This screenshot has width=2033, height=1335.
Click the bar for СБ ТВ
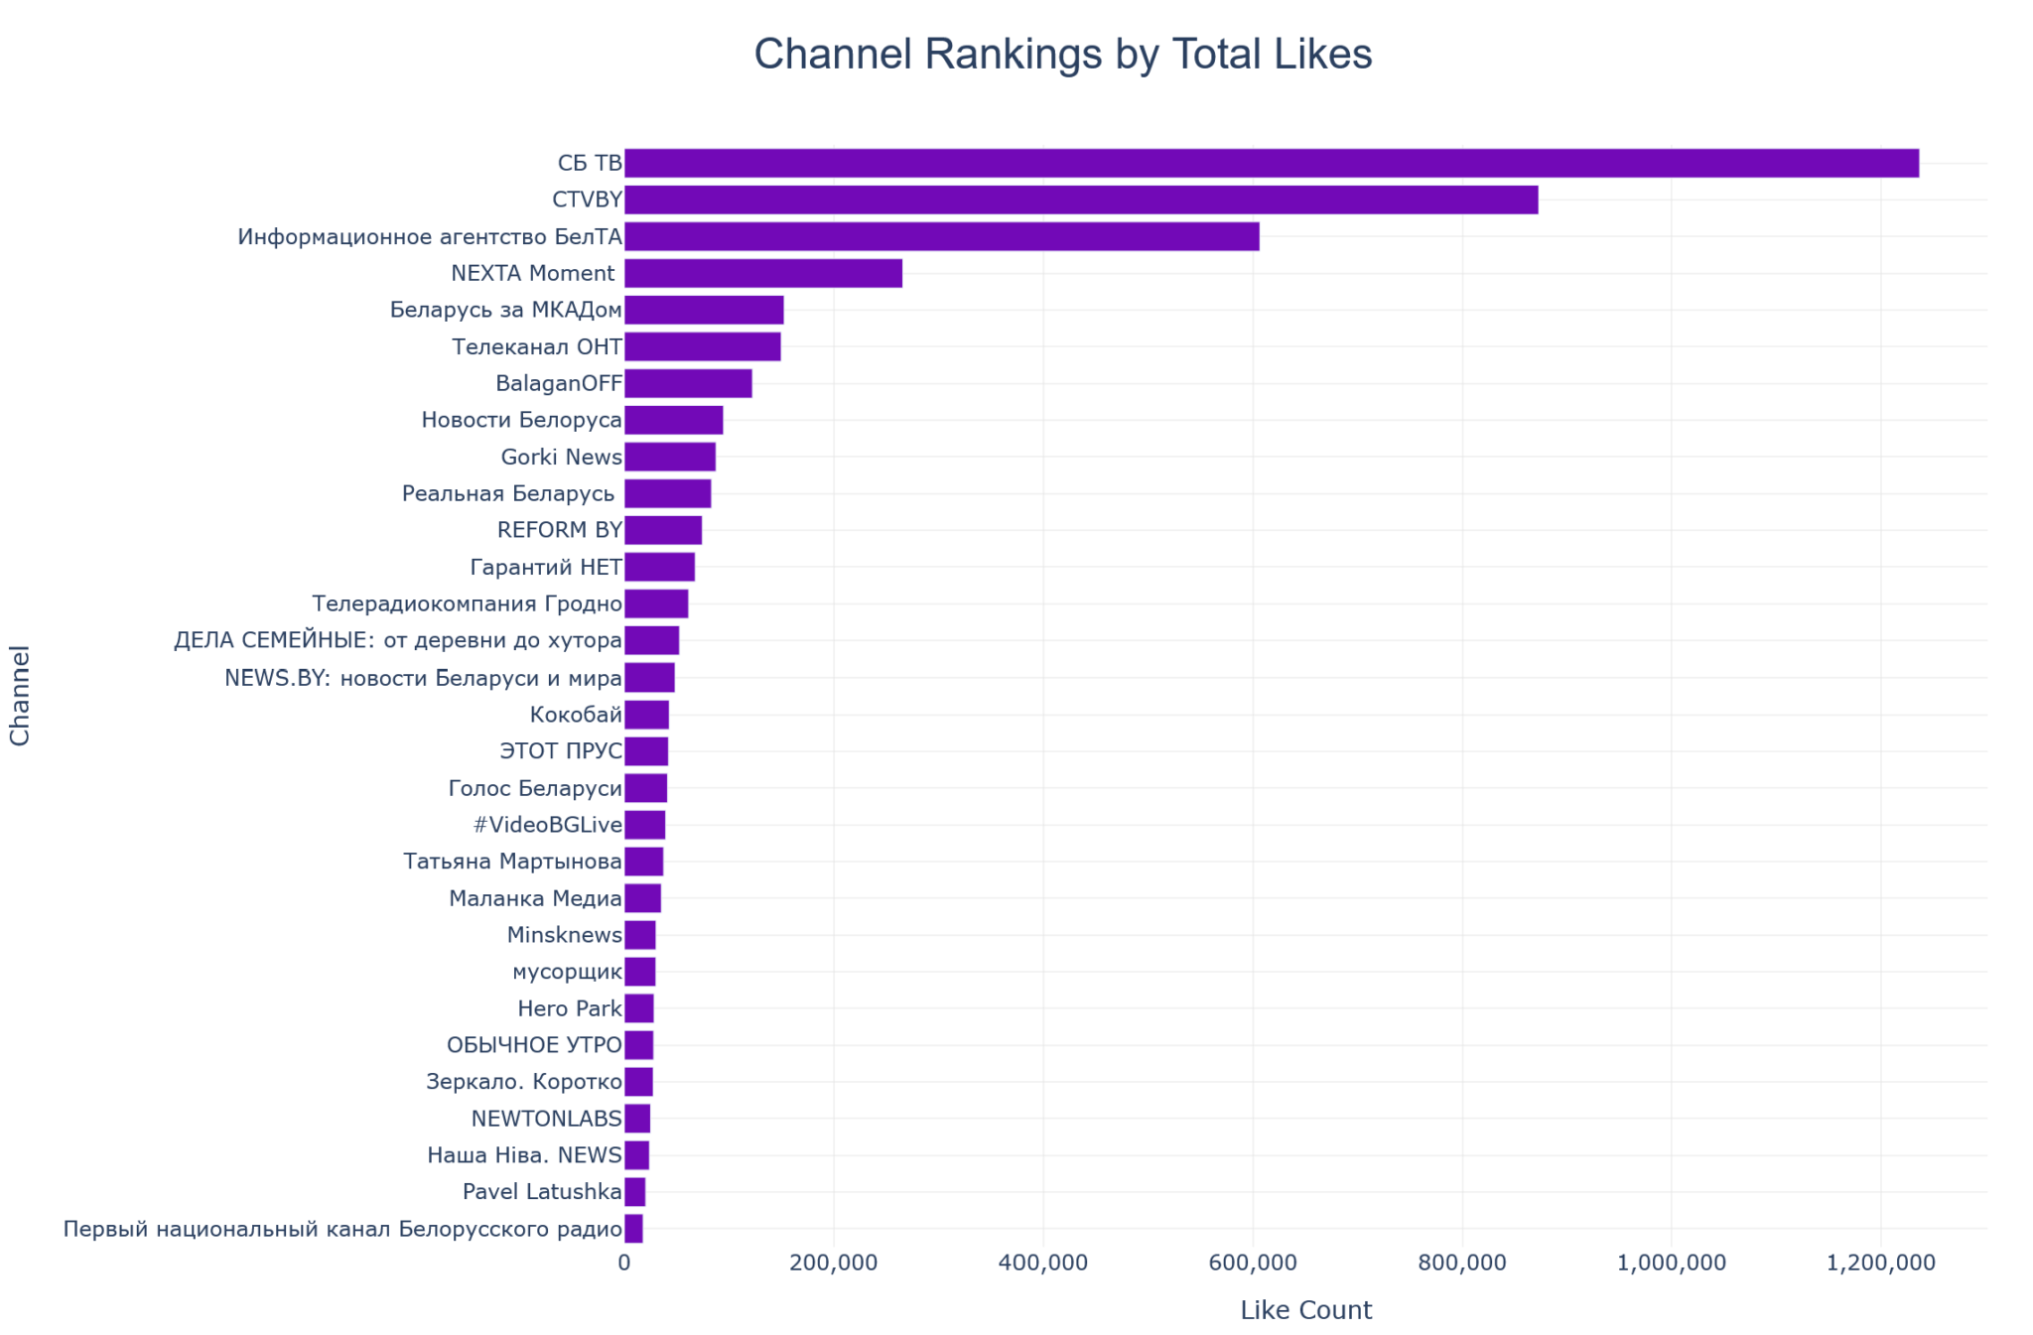[x=1271, y=163]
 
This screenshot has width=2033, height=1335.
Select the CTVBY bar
[x=1080, y=200]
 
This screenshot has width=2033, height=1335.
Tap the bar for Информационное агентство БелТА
[x=941, y=236]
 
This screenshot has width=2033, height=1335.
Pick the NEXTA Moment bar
[x=762, y=273]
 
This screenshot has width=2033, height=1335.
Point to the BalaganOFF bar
[x=687, y=383]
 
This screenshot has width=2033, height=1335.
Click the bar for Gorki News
[x=669, y=457]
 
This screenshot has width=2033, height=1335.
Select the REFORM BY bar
[x=662, y=530]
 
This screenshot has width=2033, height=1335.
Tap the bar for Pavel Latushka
[x=634, y=1192]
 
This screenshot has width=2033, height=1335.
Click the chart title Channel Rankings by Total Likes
[x=1062, y=55]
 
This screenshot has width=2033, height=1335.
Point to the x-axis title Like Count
[x=1305, y=1310]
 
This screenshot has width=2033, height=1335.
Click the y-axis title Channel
[x=20, y=695]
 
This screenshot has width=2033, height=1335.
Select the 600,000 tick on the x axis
[x=1253, y=1263]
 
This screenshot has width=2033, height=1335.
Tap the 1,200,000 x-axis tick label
[x=1880, y=1263]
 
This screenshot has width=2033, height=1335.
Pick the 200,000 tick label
[x=834, y=1263]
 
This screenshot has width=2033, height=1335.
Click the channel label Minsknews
[x=564, y=935]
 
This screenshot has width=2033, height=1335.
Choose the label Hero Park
[x=570, y=1008]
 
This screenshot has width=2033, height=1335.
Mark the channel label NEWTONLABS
[x=546, y=1119]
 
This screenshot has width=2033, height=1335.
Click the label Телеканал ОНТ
[x=536, y=346]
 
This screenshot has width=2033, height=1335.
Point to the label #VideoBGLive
[x=548, y=825]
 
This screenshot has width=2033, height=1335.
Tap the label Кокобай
[x=576, y=715]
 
